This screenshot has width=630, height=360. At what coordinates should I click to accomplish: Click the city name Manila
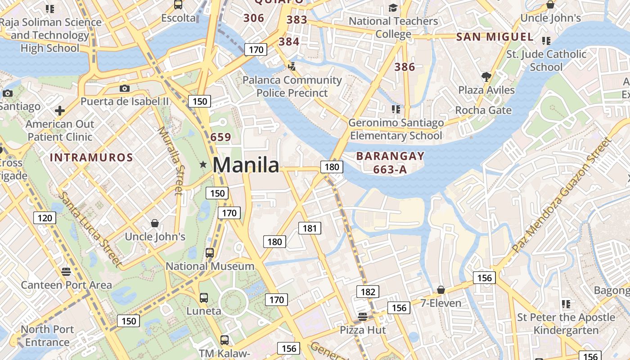246,165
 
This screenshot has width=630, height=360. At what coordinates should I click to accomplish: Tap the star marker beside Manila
203,165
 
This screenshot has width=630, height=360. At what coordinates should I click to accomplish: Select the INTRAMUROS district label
91,157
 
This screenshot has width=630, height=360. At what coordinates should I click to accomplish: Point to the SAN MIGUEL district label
495,37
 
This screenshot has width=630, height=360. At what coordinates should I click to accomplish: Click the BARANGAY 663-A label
390,162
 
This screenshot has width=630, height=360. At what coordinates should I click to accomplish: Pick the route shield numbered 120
45,219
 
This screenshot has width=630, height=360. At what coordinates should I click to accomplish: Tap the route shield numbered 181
310,228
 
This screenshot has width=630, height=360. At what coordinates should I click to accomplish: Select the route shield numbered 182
368,292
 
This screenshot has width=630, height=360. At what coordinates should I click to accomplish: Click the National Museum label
210,266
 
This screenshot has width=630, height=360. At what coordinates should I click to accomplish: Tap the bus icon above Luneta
204,297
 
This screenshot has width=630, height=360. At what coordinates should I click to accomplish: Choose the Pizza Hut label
363,330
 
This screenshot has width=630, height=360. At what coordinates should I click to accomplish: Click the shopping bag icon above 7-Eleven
441,290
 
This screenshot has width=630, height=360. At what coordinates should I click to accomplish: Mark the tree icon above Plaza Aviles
486,76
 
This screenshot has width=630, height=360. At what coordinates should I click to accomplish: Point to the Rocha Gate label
483,110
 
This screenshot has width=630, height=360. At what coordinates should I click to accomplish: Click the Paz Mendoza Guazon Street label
562,194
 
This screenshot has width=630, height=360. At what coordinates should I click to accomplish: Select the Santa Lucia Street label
90,229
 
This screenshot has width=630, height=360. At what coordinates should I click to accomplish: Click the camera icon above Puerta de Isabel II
125,88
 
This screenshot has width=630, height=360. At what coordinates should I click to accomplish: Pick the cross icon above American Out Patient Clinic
59,111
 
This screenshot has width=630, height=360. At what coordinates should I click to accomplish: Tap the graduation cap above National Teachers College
393,8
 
